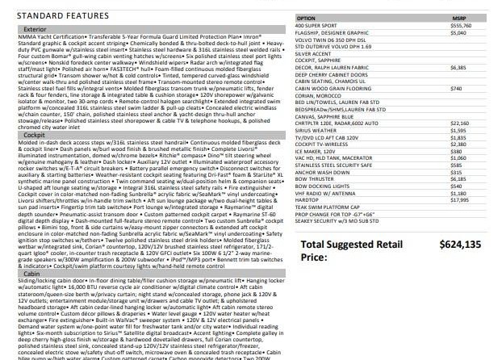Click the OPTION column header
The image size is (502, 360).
tap(307, 17)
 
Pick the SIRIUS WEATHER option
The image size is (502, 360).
tap(318, 130)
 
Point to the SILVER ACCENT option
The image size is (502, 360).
tap(316, 53)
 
